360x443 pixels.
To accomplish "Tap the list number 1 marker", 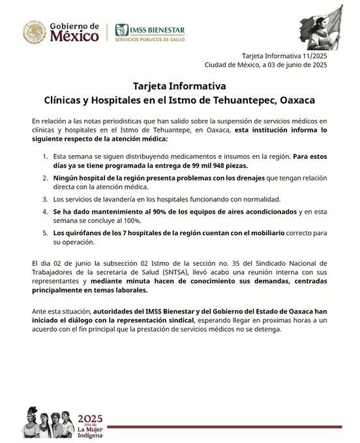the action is coord(45,156).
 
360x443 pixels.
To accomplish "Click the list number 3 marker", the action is coord(45,198).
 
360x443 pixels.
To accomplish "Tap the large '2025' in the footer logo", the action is coord(91,418).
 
